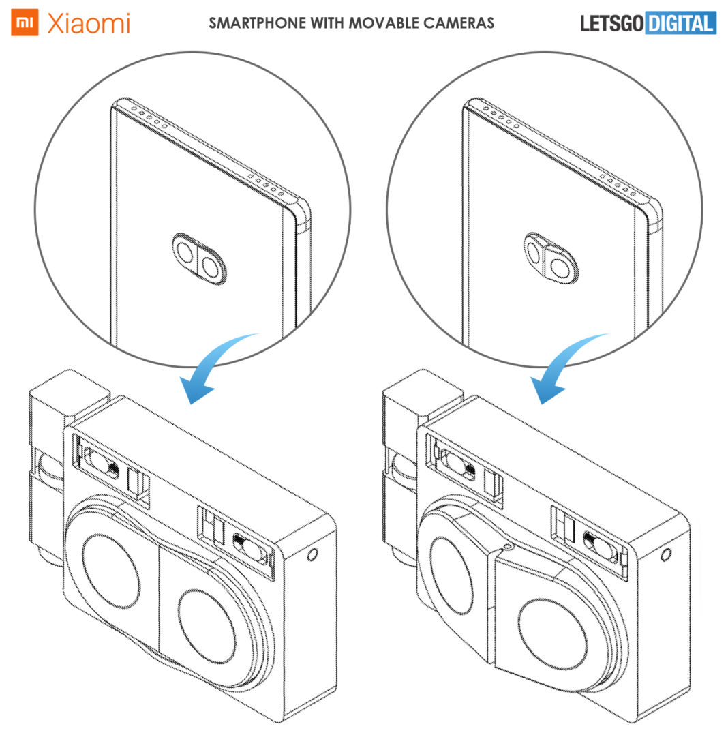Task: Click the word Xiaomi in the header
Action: (89, 23)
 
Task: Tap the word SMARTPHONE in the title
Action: (257, 23)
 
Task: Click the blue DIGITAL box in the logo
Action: (680, 23)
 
